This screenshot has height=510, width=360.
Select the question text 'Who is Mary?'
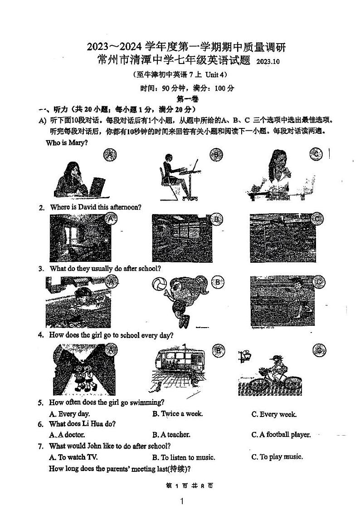click(x=67, y=142)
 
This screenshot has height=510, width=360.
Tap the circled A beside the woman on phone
click(x=110, y=155)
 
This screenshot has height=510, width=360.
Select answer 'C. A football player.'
click(x=281, y=435)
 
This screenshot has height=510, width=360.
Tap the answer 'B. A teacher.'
click(x=171, y=435)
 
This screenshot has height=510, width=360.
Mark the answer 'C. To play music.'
click(x=277, y=457)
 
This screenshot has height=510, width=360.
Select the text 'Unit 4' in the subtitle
click(x=214, y=74)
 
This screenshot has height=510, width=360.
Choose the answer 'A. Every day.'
click(x=69, y=414)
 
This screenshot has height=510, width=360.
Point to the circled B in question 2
click(x=217, y=219)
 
